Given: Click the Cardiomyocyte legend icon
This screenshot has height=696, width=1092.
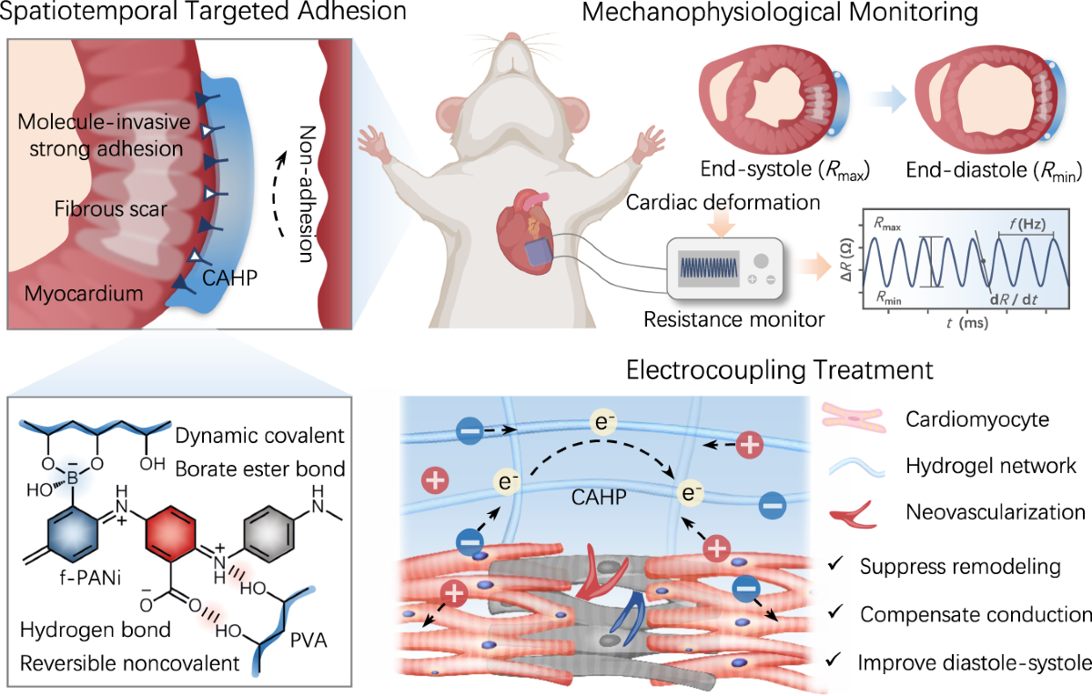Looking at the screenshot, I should pos(862,419).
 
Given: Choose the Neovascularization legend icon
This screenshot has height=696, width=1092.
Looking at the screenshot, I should pos(860,513).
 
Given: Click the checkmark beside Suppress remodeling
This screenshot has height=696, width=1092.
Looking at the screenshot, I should pos(835,566).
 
